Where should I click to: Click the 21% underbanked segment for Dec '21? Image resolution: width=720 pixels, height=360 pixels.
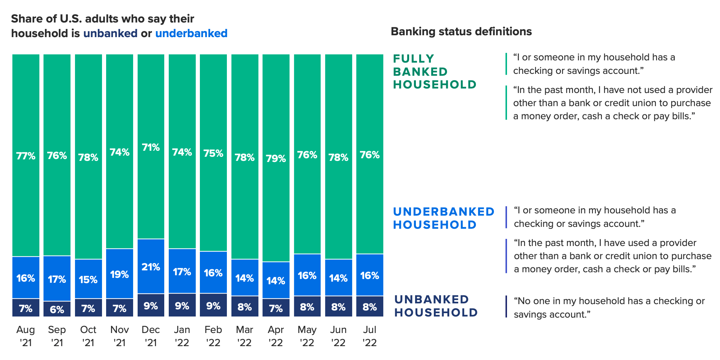pyautogui.click(x=151, y=266)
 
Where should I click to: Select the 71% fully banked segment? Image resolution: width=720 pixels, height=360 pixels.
pyautogui.click(x=151, y=147)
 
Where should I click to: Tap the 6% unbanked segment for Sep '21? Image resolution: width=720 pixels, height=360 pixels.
pyautogui.click(x=57, y=309)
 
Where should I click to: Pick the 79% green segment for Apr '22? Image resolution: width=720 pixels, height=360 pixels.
pyautogui.click(x=276, y=158)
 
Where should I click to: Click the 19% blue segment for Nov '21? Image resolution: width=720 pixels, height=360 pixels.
pyautogui.click(x=120, y=274)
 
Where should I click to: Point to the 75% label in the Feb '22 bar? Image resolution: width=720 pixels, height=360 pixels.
pyautogui.click(x=213, y=153)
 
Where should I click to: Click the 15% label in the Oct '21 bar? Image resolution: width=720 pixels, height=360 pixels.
pyautogui.click(x=88, y=280)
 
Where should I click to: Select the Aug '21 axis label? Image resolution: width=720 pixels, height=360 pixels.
pyautogui.click(x=25, y=336)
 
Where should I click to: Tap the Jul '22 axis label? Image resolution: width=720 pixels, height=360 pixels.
pyautogui.click(x=370, y=336)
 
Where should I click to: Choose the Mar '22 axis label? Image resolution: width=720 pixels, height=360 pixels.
pyautogui.click(x=244, y=336)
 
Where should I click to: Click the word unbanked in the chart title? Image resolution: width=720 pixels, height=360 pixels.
pyautogui.click(x=110, y=33)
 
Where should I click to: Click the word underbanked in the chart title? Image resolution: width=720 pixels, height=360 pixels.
pyautogui.click(x=191, y=33)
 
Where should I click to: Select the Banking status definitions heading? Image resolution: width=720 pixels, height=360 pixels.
pyautogui.click(x=461, y=31)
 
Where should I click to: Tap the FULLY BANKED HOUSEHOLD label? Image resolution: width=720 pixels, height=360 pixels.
pyautogui.click(x=435, y=72)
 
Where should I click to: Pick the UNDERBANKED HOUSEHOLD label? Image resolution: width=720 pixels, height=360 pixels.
pyautogui.click(x=444, y=218)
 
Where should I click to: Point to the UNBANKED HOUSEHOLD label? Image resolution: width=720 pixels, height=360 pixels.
pyautogui.click(x=436, y=306)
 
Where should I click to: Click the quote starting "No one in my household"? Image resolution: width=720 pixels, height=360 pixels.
pyautogui.click(x=609, y=307)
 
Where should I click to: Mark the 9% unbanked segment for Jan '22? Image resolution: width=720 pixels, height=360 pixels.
pyautogui.click(x=182, y=305)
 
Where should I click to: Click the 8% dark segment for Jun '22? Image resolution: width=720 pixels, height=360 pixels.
pyautogui.click(x=339, y=306)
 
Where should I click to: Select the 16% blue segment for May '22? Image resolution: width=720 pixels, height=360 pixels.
pyautogui.click(x=307, y=275)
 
